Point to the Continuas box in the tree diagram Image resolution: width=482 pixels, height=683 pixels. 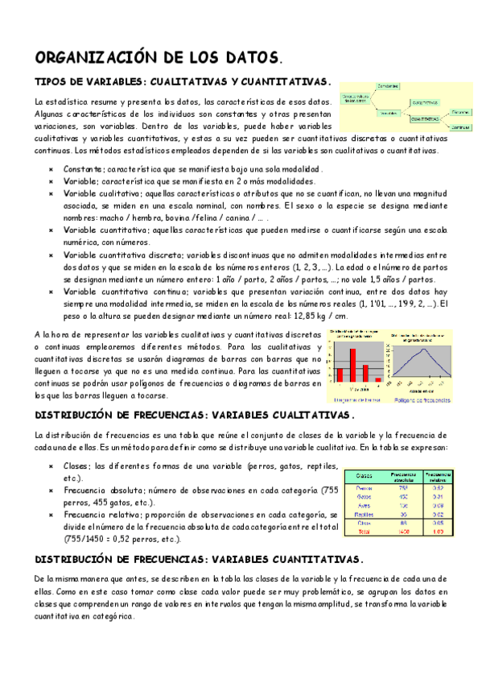(x=459, y=127)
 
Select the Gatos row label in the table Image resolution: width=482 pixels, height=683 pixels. (x=364, y=496)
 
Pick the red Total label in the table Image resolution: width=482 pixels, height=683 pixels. (x=364, y=532)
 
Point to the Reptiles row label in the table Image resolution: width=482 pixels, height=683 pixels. (x=364, y=514)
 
